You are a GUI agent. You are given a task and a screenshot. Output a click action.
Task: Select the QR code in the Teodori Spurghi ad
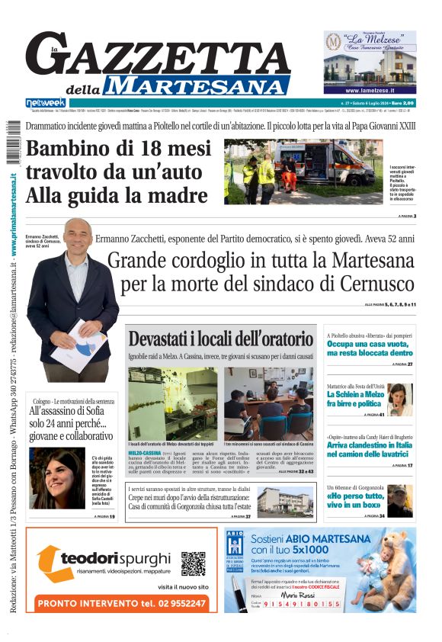(x=194, y=563)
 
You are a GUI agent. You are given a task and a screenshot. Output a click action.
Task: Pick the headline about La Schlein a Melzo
(x=356, y=399)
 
